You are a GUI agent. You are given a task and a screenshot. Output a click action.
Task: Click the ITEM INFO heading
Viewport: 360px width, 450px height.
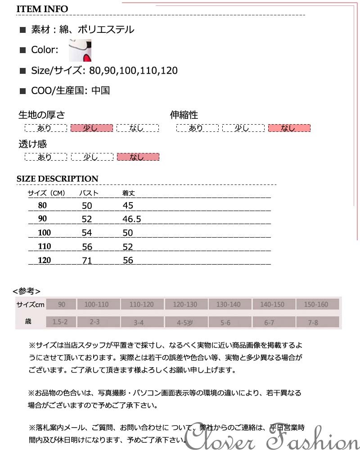click(42, 9)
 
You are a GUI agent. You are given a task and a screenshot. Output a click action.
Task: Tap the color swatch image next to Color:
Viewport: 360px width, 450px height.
click(80, 50)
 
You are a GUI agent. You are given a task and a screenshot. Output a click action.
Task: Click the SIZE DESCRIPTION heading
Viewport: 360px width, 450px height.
click(57, 179)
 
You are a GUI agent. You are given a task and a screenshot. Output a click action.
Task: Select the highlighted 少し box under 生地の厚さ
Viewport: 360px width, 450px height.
click(91, 128)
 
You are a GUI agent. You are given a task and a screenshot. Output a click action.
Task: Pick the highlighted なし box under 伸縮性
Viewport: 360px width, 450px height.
click(289, 128)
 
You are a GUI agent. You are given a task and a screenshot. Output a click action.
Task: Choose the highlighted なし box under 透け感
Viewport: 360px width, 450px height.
click(138, 157)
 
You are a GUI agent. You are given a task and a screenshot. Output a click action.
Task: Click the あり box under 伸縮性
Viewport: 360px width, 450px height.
click(197, 128)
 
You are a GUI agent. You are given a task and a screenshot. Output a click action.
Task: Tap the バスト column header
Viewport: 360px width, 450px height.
click(89, 193)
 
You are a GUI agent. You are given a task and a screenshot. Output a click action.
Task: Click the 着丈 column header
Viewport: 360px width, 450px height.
click(129, 193)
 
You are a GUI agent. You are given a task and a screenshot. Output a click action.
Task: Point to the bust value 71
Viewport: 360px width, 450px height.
click(87, 260)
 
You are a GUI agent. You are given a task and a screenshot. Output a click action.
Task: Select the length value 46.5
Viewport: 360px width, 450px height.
click(132, 219)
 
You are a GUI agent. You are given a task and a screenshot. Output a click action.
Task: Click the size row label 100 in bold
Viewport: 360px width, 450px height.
click(45, 233)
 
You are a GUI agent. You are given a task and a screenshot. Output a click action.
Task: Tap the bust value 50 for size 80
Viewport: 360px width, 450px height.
click(87, 206)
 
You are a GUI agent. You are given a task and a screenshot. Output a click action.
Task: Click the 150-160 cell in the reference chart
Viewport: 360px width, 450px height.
click(316, 305)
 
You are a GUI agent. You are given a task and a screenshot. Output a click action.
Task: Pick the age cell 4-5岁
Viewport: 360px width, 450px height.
click(185, 323)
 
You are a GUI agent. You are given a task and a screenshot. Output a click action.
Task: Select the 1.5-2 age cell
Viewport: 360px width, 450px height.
click(60, 322)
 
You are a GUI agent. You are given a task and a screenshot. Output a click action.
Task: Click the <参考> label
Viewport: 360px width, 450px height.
click(27, 291)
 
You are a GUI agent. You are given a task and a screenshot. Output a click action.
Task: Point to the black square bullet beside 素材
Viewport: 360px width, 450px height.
click(23, 31)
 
